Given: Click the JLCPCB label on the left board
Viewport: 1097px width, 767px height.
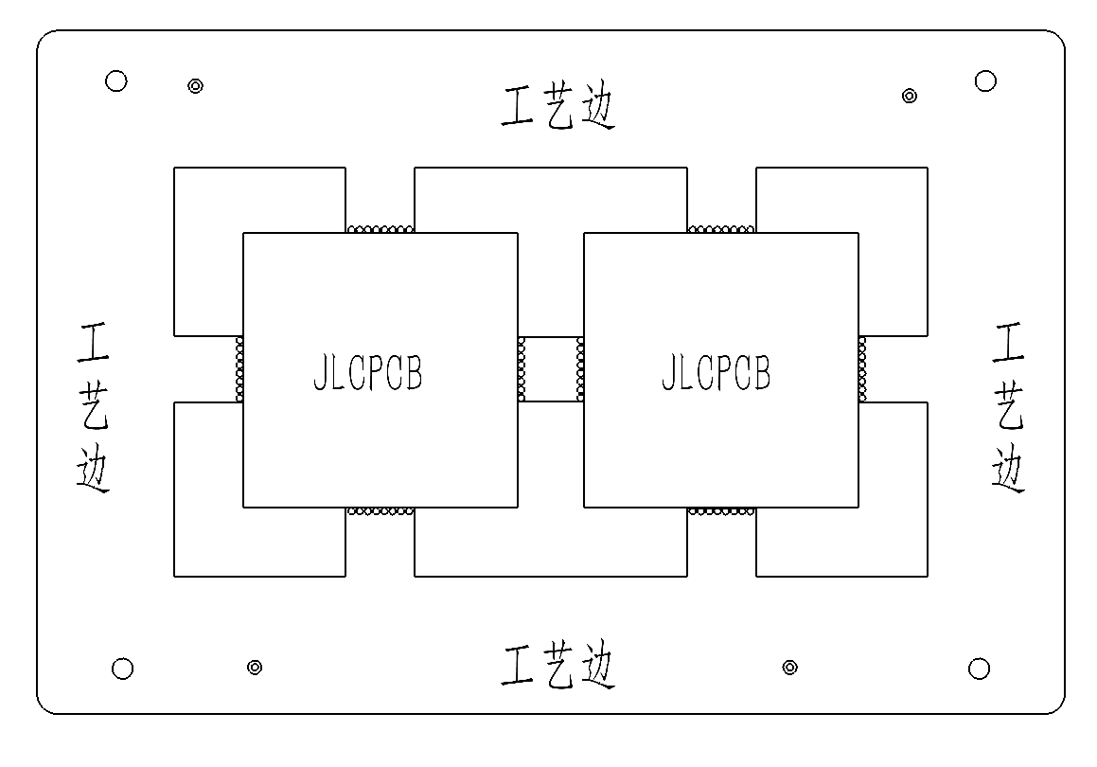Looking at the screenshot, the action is (368, 372).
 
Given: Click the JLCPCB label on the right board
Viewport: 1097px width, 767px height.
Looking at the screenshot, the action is (716, 372).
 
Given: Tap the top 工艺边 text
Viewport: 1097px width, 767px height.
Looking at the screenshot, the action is (558, 107).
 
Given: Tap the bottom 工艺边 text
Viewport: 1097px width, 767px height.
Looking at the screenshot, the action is (558, 665).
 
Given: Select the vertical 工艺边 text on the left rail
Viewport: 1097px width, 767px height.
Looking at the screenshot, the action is (93, 407).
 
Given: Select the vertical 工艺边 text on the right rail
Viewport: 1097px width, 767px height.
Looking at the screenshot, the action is (1008, 407).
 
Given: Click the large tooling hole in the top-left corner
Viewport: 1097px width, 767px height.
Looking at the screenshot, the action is (116, 81).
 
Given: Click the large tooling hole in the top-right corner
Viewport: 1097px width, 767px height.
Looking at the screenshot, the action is (985, 81).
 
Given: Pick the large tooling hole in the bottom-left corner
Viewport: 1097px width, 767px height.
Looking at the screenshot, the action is (122, 669).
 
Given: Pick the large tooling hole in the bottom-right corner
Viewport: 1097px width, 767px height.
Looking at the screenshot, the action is (979, 669).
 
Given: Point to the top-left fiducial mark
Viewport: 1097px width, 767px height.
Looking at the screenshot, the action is (196, 86).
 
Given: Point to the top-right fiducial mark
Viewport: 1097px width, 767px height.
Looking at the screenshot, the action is (910, 96).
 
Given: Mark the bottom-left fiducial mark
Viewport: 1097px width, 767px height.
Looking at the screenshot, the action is (255, 668).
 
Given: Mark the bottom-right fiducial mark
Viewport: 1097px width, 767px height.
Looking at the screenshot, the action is (790, 668).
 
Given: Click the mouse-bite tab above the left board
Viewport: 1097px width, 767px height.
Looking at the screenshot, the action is (380, 229).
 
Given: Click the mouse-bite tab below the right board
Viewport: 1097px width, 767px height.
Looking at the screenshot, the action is (722, 511).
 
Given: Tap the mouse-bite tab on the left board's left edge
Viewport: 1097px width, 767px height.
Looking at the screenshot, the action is (239, 368).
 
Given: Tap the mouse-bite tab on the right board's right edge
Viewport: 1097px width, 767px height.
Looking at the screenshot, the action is (862, 368).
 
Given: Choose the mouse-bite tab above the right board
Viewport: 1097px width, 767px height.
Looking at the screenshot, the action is (722, 229).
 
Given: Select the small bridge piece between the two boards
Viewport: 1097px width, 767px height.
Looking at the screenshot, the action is (551, 368).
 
